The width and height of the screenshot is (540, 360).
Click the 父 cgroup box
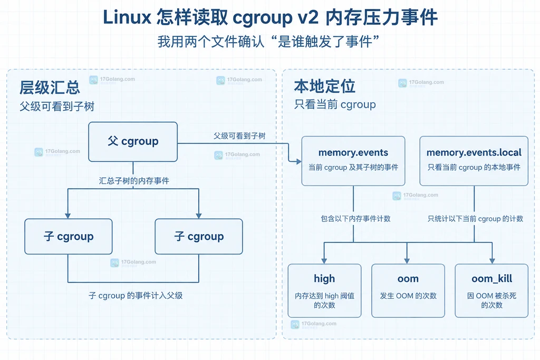133,141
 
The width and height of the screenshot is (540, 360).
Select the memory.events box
353,161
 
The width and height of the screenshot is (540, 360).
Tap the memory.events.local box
474,161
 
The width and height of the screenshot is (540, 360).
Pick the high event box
324,290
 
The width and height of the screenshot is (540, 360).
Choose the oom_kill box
491,290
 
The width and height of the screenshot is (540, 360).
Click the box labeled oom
408,290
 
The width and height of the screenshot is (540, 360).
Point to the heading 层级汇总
50,87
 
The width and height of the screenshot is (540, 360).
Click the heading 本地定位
324,86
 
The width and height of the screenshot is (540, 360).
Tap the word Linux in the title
127,17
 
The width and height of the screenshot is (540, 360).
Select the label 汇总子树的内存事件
134,181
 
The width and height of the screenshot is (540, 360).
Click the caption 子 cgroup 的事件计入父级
136,296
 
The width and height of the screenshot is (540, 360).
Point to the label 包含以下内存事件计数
355,219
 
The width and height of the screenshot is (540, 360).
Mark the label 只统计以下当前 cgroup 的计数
475,219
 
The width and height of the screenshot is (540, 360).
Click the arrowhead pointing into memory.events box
298,161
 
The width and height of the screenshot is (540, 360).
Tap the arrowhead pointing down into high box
324,261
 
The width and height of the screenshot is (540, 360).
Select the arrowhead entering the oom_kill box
492,261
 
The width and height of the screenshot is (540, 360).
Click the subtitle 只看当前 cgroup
335,104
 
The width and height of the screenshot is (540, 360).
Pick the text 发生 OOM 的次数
408,296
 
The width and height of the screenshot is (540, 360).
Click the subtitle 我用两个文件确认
211,42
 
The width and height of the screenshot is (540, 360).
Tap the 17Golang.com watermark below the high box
314,324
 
